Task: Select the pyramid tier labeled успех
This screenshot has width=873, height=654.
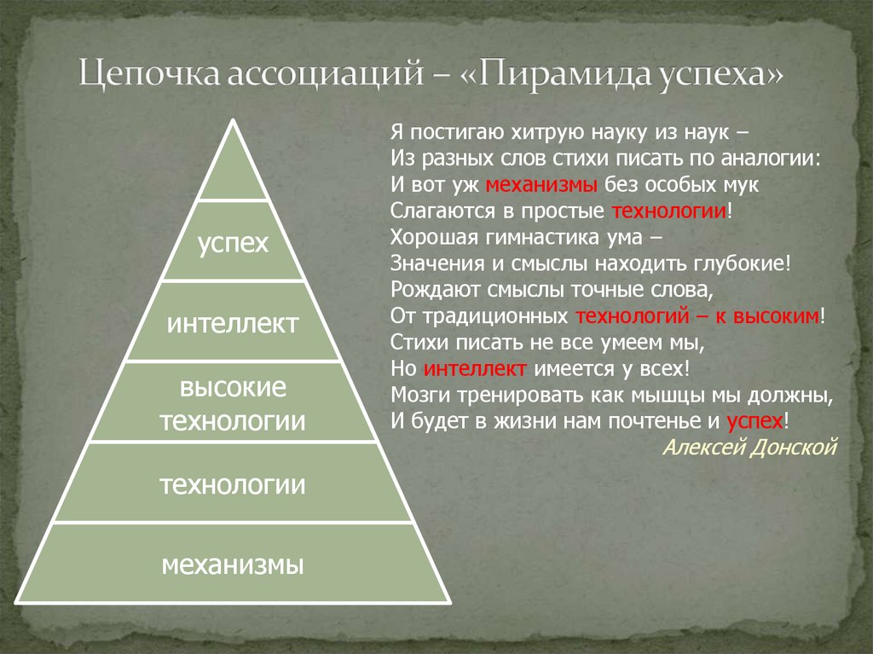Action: [233, 243]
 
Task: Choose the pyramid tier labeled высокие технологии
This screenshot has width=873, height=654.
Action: [233, 403]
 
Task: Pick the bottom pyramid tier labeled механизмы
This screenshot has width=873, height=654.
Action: [233, 564]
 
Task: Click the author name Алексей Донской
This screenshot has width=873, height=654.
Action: [750, 448]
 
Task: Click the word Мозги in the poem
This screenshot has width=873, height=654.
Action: [414, 395]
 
